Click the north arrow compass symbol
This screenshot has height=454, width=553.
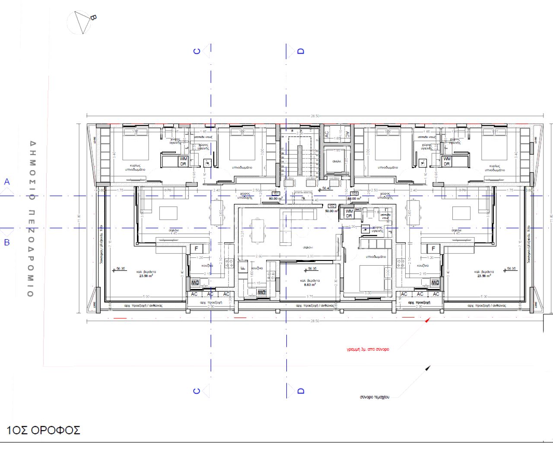[81, 22]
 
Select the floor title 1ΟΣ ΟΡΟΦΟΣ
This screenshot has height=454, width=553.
[43, 430]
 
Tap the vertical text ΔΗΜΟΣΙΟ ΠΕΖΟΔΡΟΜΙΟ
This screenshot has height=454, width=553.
[31, 219]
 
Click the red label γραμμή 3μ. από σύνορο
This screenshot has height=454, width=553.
[368, 349]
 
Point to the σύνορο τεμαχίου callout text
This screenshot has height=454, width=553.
[374, 397]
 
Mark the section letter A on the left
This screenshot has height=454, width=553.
[7, 182]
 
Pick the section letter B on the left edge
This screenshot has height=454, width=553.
[7, 242]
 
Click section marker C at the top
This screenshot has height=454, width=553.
[197, 51]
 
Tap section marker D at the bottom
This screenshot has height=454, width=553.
[301, 391]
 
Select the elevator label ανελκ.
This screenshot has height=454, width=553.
[337, 161]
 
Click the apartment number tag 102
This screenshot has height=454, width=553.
[332, 206]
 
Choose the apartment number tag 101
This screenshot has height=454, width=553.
[275, 194]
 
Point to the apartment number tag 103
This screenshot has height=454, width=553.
[354, 194]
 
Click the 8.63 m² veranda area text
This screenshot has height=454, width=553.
[310, 285]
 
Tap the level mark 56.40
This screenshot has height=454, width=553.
[326, 188]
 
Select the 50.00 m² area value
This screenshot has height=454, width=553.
[331, 211]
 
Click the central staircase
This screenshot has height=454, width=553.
[299, 160]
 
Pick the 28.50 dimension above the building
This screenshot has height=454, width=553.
[315, 116]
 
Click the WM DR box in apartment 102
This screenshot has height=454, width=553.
[349, 213]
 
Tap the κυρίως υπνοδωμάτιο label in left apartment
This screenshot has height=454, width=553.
[135, 168]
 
